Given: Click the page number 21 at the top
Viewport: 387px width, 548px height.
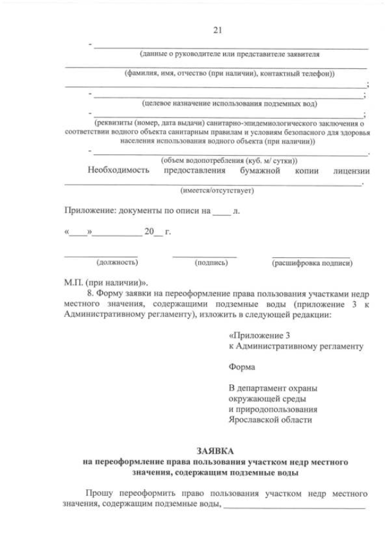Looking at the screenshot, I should [218, 30].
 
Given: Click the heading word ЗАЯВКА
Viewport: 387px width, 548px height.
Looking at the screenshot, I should [215, 451].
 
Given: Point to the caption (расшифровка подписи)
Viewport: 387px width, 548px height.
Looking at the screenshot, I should [313, 263].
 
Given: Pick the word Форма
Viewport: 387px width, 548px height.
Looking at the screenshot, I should [242, 367].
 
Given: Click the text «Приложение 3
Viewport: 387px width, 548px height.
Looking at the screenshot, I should [261, 335].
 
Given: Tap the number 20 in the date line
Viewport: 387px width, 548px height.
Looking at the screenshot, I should [149, 232].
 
